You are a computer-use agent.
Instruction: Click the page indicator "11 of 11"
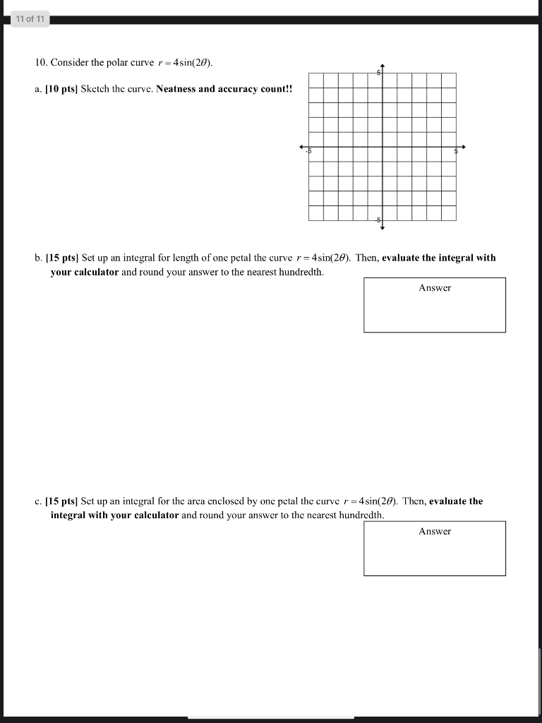[29, 20]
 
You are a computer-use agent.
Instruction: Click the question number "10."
[41, 63]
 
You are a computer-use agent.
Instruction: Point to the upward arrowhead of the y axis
[382, 65]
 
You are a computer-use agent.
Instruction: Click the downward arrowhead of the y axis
[382, 228]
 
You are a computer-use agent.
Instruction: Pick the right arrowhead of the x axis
[463, 147]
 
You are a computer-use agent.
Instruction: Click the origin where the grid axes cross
[382, 147]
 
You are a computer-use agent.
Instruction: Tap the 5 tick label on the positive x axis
[456, 150]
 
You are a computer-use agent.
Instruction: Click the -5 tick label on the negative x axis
[308, 150]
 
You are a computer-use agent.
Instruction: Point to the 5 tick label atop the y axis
[378, 73]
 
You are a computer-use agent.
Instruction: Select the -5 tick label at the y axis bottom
[378, 220]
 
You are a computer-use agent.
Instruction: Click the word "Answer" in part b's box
[435, 288]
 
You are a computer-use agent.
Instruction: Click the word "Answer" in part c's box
[435, 532]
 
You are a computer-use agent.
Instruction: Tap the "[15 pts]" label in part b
[62, 258]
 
